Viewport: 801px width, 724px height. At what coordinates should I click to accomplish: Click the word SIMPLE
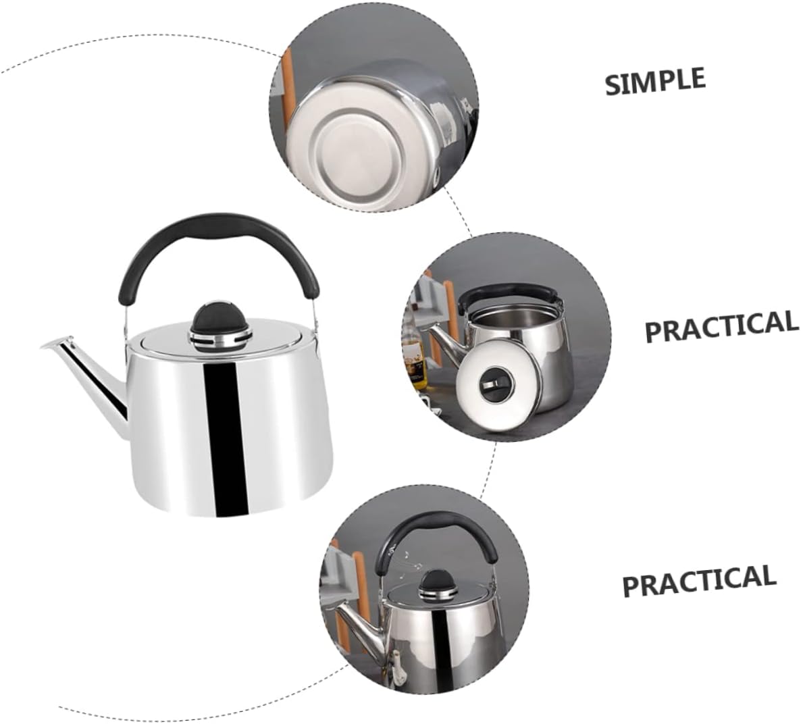coord(655,80)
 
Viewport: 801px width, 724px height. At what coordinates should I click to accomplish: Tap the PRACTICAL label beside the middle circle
coord(721,326)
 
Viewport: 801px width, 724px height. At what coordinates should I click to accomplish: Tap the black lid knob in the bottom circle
coord(436,582)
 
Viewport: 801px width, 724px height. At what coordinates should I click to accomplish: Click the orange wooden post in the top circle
coord(286,92)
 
